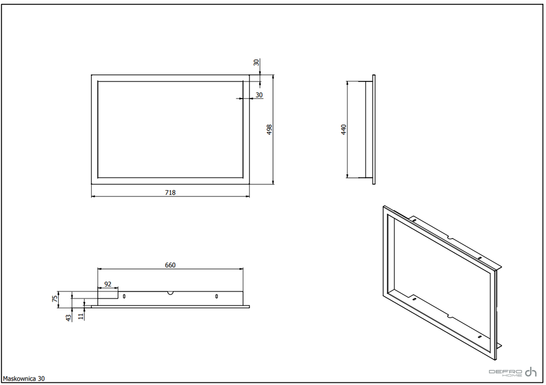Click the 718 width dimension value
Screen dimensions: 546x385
pyautogui.click(x=170, y=192)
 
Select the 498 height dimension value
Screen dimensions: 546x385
pyautogui.click(x=269, y=129)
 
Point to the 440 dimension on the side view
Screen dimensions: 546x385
pyautogui.click(x=344, y=129)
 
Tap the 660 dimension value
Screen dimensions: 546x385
pyautogui.click(x=170, y=265)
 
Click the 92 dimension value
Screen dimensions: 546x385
pyautogui.click(x=108, y=284)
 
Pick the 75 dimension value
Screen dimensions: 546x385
pyautogui.click(x=55, y=299)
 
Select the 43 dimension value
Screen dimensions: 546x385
pyautogui.click(x=69, y=317)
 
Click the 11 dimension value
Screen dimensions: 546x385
pyautogui.click(x=81, y=316)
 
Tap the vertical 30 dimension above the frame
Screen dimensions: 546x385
pyautogui.click(x=256, y=63)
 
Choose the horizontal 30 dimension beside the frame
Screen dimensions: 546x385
pyautogui.click(x=259, y=95)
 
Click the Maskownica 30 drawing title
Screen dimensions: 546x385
pyautogui.click(x=23, y=379)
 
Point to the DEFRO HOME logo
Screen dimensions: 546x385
pyautogui.click(x=513, y=372)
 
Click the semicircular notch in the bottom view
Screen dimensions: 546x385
pyautogui.click(x=170, y=293)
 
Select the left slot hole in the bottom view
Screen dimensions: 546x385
pyautogui.click(x=124, y=296)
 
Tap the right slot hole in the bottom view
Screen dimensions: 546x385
pyautogui.click(x=216, y=296)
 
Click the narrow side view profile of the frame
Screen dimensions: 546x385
pyautogui.click(x=374, y=129)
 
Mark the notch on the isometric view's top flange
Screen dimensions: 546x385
pyautogui.click(x=450, y=239)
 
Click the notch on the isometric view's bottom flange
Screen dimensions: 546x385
pyautogui.click(x=450, y=316)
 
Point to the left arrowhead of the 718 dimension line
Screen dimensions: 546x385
pyautogui.click(x=93, y=196)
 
